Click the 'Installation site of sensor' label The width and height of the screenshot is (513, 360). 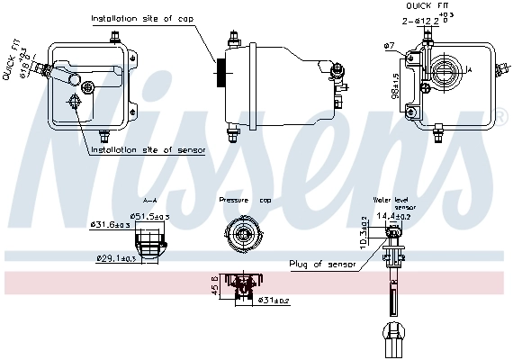pos(148,149)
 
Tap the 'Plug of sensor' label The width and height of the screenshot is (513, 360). pos(322,265)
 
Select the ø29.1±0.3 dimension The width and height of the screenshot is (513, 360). pos(117,259)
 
